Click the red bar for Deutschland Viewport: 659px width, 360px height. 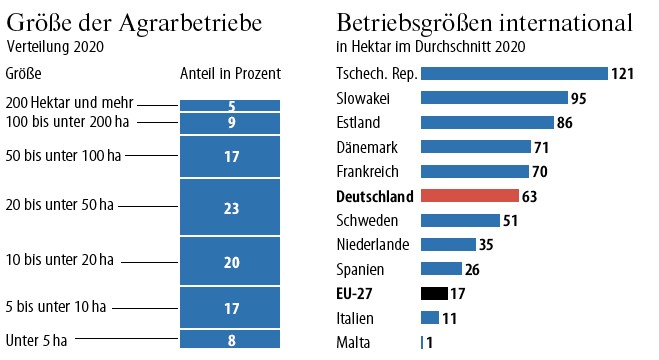[x=469, y=195]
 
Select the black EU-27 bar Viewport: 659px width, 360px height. [x=434, y=293]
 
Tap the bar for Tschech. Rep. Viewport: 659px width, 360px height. [x=514, y=73]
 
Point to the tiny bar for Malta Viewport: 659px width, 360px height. [x=422, y=342]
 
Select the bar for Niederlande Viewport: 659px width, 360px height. [x=448, y=244]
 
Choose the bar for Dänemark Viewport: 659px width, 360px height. [x=475, y=147]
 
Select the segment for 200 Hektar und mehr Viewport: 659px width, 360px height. [x=230, y=105]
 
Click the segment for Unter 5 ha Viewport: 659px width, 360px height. [x=230, y=340]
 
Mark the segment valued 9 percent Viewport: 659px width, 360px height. [x=230, y=123]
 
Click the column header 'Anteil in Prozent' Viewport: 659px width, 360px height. [x=230, y=74]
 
